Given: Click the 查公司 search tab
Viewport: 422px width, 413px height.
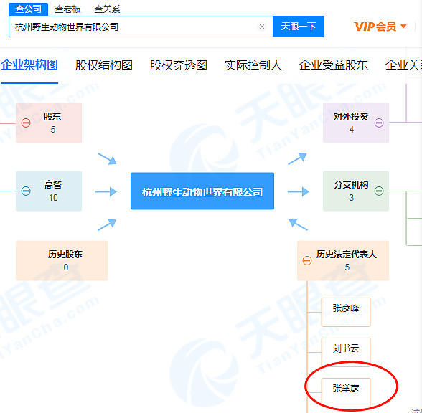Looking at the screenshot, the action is tap(28, 9).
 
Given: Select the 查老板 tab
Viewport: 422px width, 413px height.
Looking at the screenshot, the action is tap(67, 9).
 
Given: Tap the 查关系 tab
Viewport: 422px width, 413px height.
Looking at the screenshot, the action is tap(107, 9).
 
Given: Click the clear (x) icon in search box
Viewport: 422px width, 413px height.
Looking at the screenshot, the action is tap(261, 27).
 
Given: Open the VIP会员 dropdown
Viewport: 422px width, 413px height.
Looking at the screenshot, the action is tap(380, 27).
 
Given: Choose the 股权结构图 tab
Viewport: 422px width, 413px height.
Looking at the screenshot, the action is tap(103, 65).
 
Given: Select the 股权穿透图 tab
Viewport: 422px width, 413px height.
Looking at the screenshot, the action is tap(179, 65).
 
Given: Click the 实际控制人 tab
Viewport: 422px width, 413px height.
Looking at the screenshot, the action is tap(253, 65).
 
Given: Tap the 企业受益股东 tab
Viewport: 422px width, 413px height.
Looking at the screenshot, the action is tap(334, 65).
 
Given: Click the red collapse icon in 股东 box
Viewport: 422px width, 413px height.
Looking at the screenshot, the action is tap(26, 123).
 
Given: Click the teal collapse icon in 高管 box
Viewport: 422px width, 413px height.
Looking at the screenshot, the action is tap(26, 191).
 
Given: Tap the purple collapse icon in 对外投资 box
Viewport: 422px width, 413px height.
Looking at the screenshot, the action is tap(379, 123).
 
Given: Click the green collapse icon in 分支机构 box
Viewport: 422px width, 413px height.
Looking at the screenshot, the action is tap(379, 191).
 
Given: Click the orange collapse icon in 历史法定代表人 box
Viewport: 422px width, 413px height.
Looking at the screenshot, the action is tap(307, 260).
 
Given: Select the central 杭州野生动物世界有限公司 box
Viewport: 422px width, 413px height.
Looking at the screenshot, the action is tap(202, 191).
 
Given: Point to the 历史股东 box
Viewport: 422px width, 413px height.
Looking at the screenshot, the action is tap(62, 260).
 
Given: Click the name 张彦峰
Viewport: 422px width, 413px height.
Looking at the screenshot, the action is tap(346, 308).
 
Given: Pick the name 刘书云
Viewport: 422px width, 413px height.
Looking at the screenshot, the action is tap(346, 348).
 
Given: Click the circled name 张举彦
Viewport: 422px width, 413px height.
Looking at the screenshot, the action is tap(346, 389).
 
